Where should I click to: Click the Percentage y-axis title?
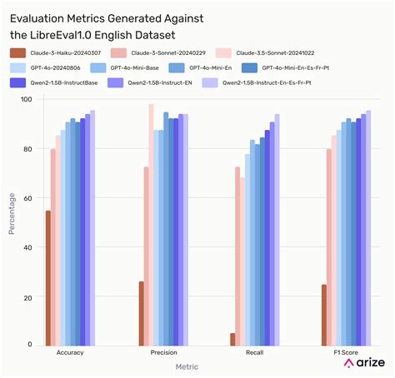(12, 213)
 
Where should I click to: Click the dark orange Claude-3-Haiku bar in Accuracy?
(47, 277)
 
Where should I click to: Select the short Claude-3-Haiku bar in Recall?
(232, 339)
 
